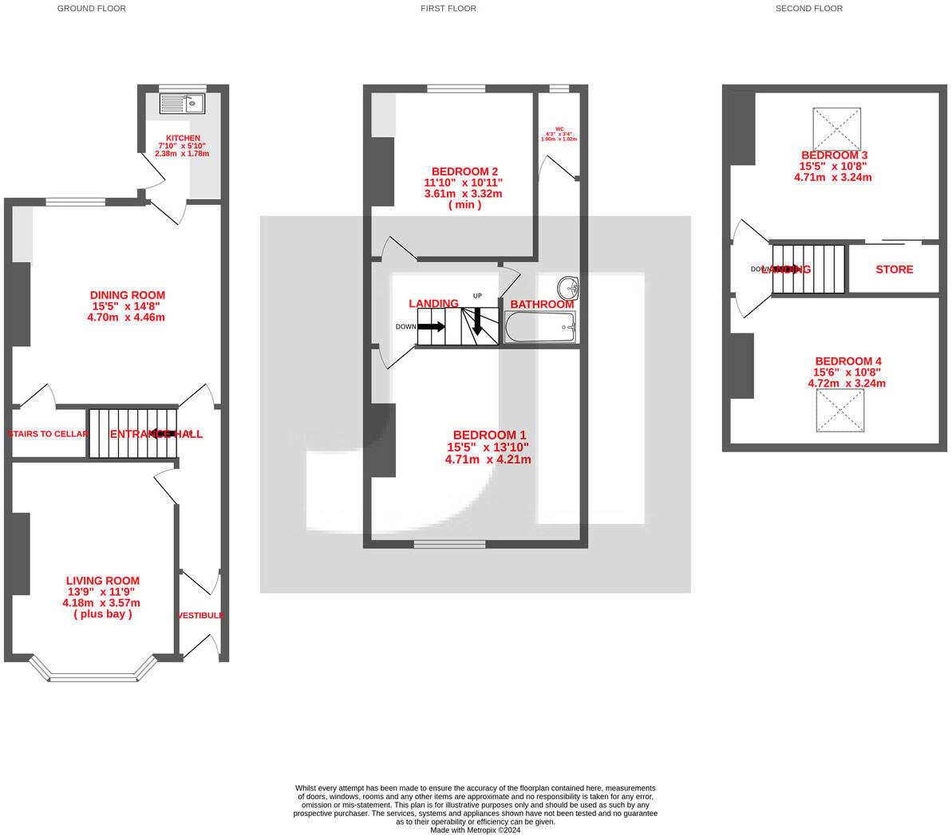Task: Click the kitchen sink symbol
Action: [x=182, y=104]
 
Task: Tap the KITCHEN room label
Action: [x=183, y=138]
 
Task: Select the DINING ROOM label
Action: [x=128, y=295]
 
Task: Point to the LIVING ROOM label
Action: [x=102, y=581]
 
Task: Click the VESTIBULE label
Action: [x=200, y=616]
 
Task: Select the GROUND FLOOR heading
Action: [x=92, y=9]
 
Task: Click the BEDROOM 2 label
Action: [x=464, y=171]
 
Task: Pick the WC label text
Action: [x=559, y=128]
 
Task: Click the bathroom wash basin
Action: [x=568, y=287]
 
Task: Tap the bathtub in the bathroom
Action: [x=539, y=326]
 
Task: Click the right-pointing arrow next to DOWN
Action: [x=432, y=326]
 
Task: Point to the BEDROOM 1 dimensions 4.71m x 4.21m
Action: [x=488, y=459]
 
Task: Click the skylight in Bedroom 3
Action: [x=837, y=128]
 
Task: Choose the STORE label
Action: [x=894, y=270]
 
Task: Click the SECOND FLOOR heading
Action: [x=808, y=9]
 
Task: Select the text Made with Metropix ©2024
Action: [x=475, y=830]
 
